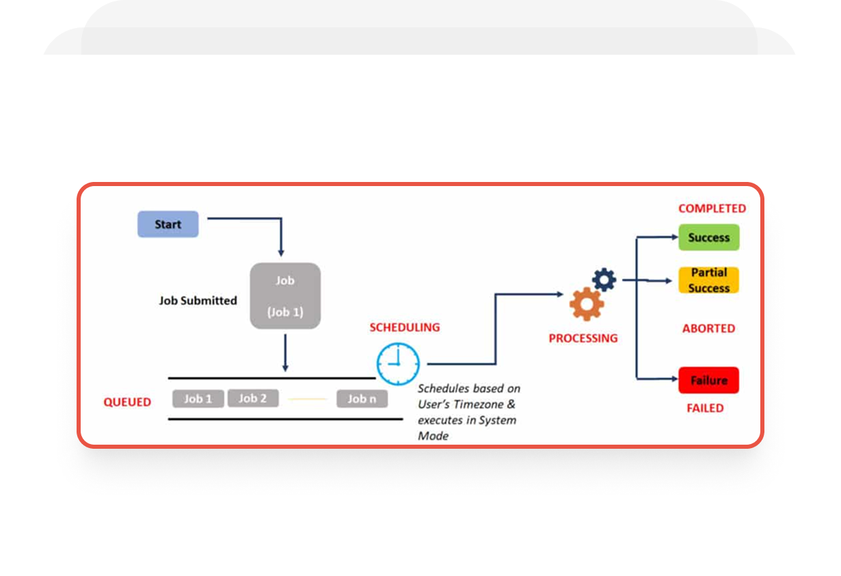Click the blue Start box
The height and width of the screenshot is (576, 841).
(x=168, y=224)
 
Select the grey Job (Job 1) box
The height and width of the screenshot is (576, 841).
(x=285, y=296)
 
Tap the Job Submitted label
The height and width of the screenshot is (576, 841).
(x=198, y=300)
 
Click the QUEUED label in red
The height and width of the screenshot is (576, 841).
(x=127, y=402)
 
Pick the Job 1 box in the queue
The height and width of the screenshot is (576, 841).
(x=198, y=399)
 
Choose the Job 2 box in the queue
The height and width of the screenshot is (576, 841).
(x=252, y=398)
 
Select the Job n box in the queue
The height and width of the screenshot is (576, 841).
(x=362, y=399)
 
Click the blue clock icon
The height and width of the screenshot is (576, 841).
(x=398, y=363)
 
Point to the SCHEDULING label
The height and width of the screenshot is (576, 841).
(x=405, y=328)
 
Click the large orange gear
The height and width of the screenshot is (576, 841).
(x=587, y=304)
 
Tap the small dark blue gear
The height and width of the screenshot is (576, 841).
(x=604, y=279)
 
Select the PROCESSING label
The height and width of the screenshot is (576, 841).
(x=583, y=338)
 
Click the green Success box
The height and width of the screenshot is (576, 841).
(x=708, y=237)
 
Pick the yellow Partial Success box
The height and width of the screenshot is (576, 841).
(x=708, y=280)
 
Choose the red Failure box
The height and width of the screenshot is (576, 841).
(x=708, y=380)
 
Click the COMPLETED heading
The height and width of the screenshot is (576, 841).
(x=712, y=209)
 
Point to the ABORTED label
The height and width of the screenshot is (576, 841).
(x=708, y=329)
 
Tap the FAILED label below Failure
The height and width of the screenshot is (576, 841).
(x=704, y=408)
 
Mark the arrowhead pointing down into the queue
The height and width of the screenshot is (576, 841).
(x=285, y=368)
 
